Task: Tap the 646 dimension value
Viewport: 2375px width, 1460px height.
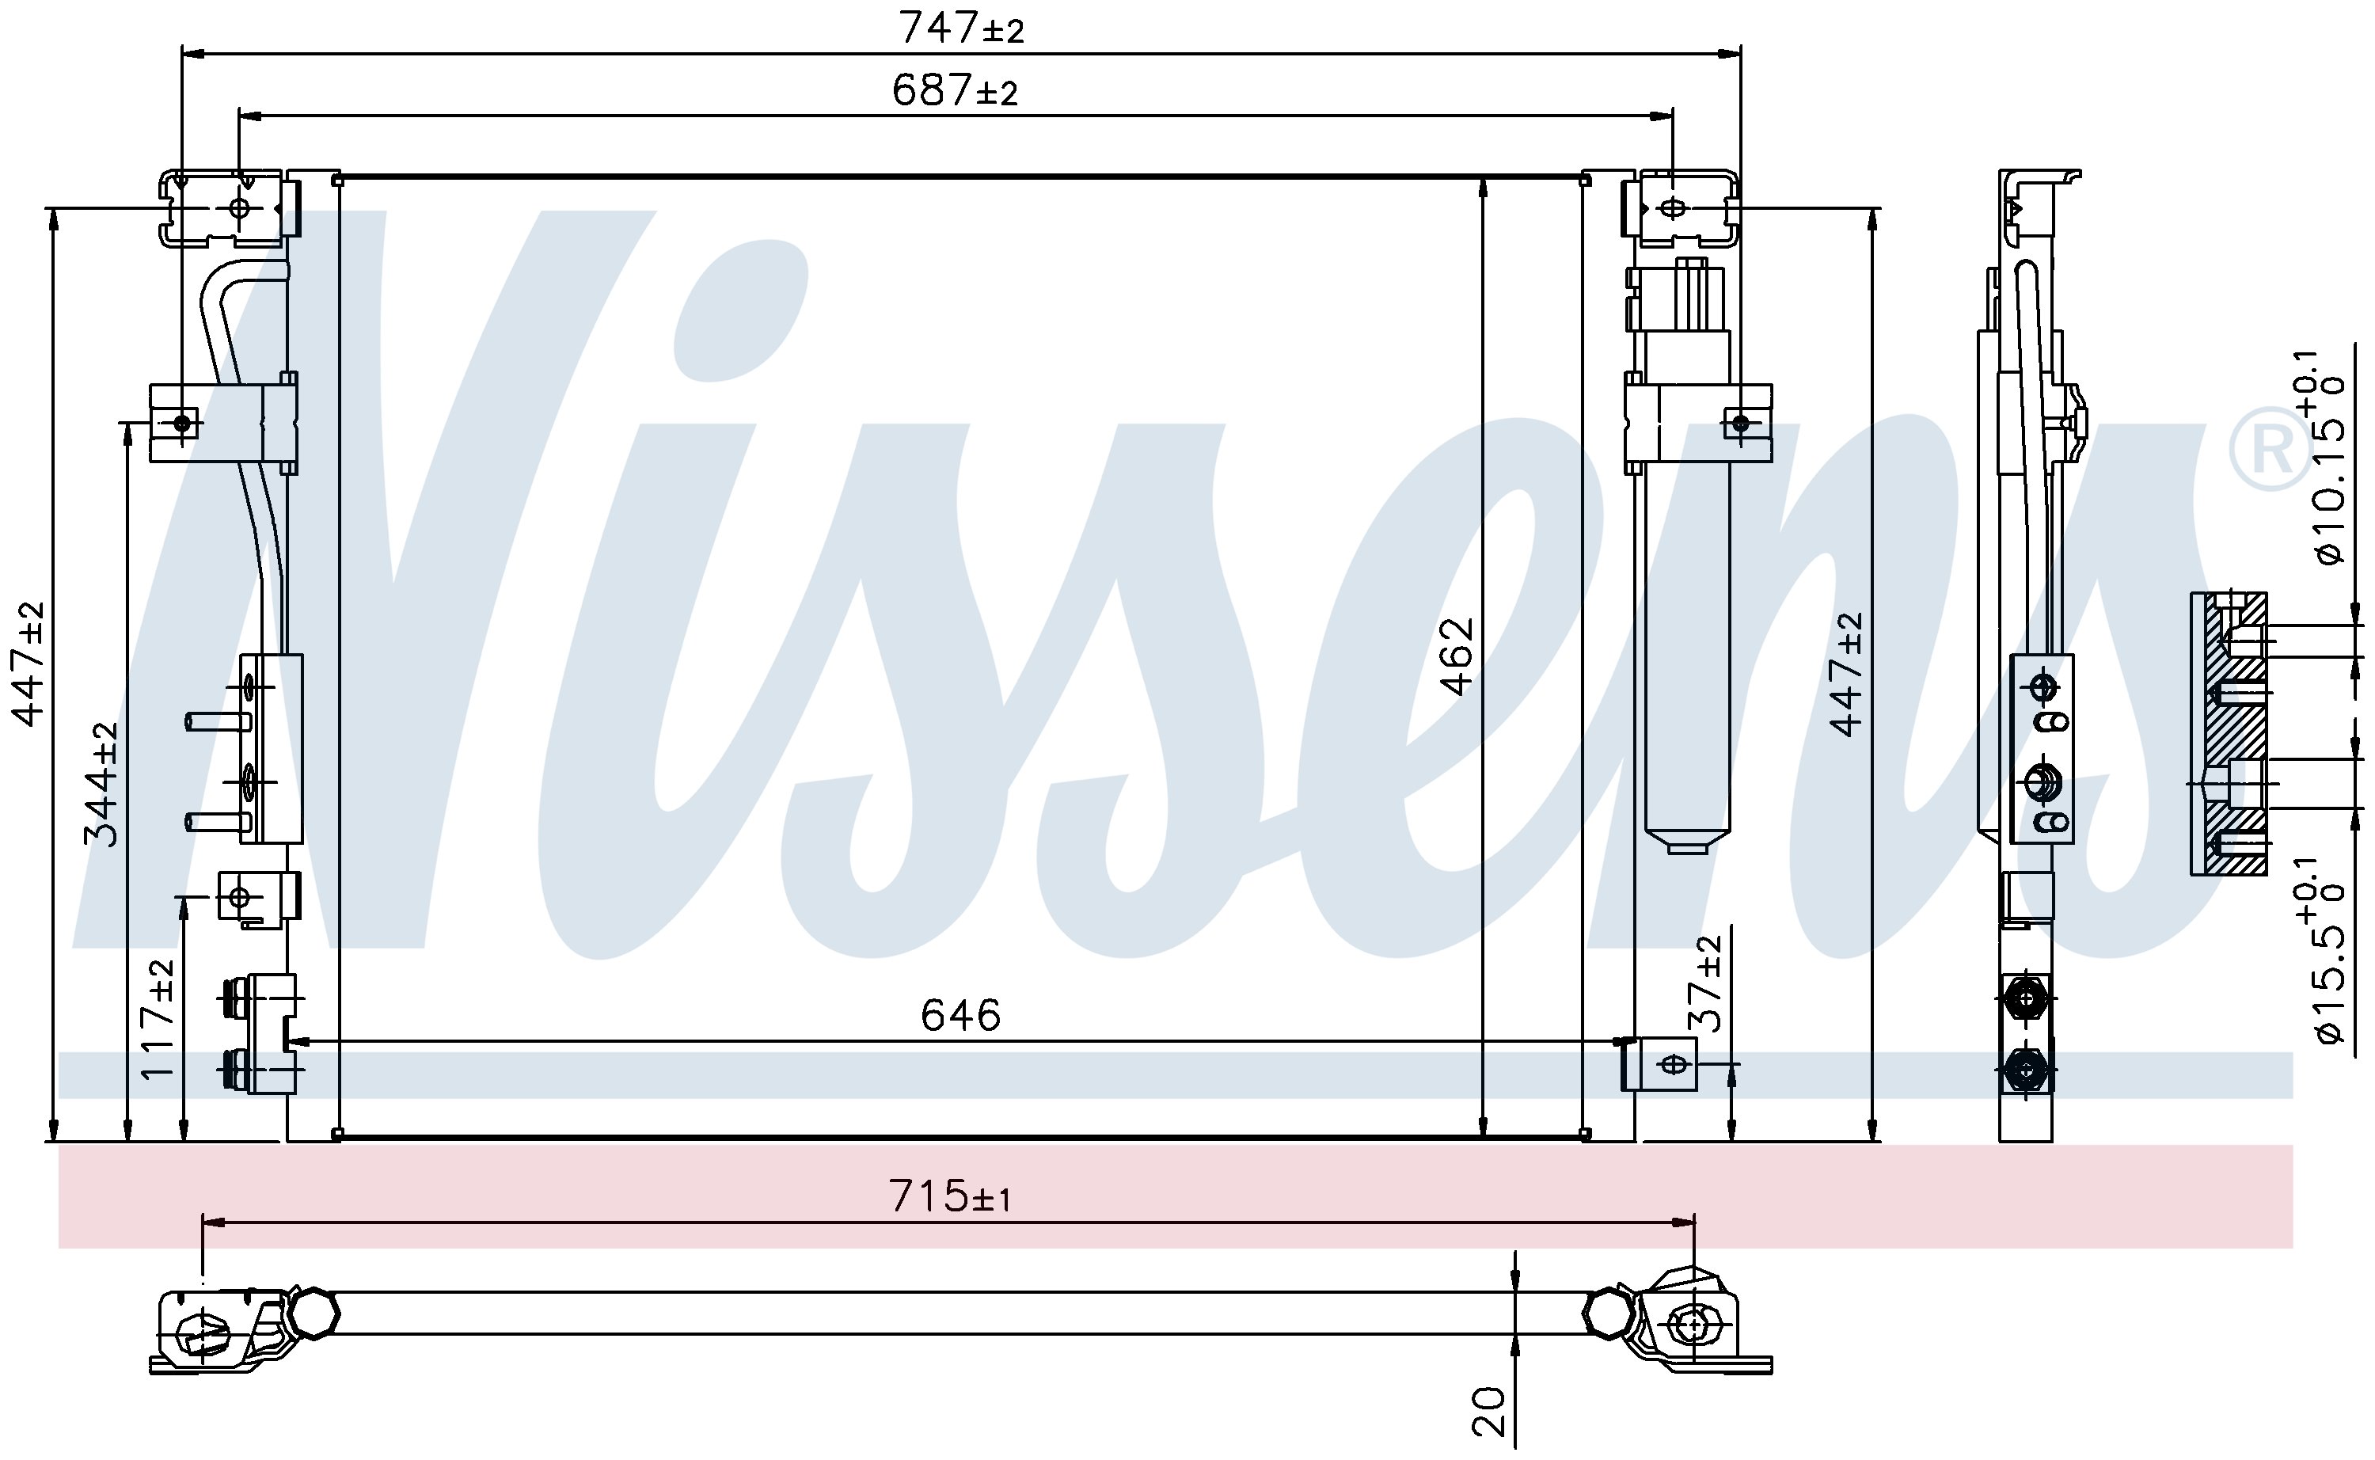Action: coord(960,1015)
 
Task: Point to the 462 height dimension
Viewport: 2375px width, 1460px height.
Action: coord(1457,656)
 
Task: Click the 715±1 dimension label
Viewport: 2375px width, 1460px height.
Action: coord(950,1196)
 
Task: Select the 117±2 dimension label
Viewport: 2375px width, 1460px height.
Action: coord(158,1020)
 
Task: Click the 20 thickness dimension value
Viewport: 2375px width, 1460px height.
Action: coord(1490,1411)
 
